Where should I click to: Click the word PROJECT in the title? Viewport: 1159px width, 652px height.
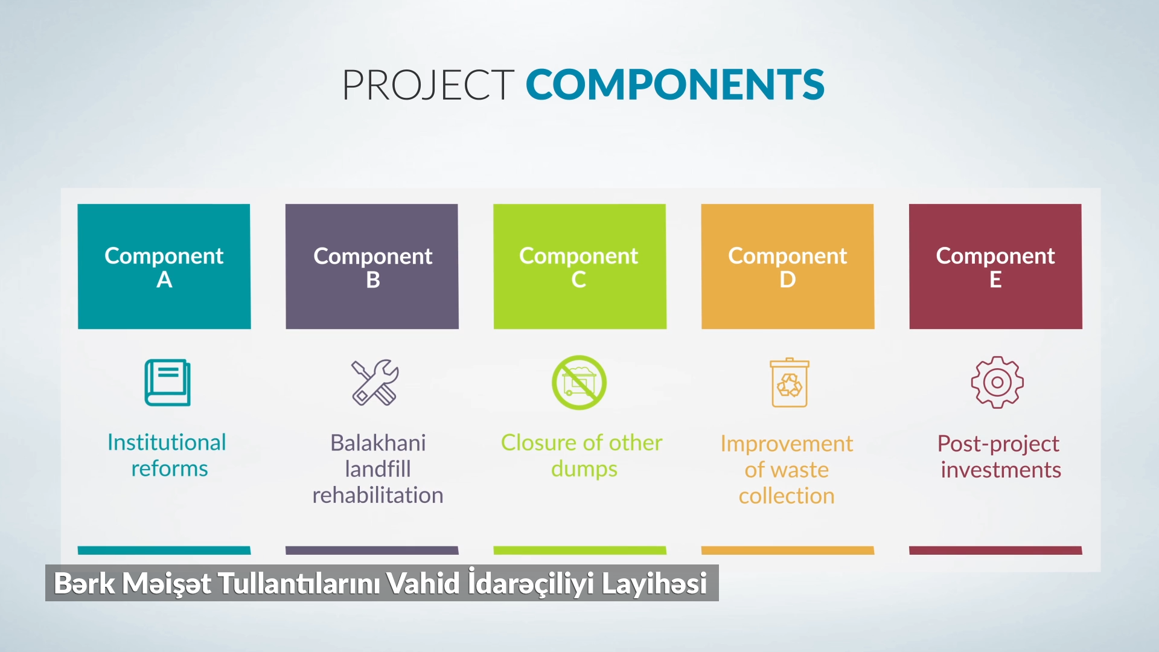[428, 85]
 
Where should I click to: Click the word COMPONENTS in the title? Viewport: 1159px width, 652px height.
[675, 85]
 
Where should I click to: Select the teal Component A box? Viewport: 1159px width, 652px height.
[164, 266]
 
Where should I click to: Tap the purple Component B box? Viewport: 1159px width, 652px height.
[372, 266]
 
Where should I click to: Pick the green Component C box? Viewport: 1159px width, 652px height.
[579, 266]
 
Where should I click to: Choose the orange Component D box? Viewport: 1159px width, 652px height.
[788, 266]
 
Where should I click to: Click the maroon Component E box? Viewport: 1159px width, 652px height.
[995, 266]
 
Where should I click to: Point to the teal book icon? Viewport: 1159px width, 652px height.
[167, 383]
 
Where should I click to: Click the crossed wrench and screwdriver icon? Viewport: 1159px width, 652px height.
[375, 382]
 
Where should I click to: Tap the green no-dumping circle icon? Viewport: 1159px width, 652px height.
[579, 382]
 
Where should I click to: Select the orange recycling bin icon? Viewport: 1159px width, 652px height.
[790, 383]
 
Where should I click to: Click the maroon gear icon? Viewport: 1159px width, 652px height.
[997, 382]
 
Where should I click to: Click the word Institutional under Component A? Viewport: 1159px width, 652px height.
[167, 443]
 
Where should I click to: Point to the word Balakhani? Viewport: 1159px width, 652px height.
[378, 443]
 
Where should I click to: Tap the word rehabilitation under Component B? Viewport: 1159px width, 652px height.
[378, 495]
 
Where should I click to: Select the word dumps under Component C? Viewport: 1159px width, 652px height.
[584, 470]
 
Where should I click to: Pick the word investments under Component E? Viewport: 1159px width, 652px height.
[1001, 470]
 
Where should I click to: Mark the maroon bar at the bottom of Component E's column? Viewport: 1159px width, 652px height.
[995, 551]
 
